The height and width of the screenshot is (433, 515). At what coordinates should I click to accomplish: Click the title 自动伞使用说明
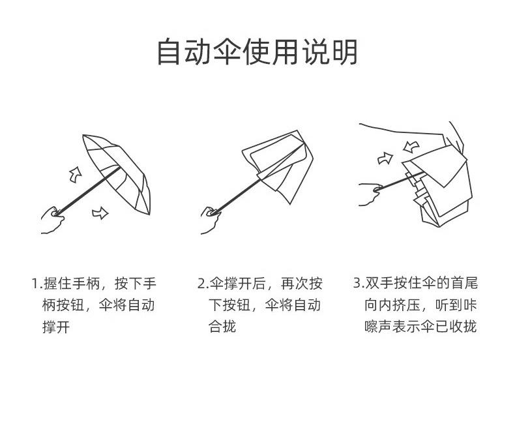tap(257, 52)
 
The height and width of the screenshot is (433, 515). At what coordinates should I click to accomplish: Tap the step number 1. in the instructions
tap(37, 284)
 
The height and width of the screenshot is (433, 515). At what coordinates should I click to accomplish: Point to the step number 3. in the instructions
tap(358, 284)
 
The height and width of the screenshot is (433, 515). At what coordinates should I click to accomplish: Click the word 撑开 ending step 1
tap(56, 326)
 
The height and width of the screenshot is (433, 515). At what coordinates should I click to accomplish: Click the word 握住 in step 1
tap(57, 284)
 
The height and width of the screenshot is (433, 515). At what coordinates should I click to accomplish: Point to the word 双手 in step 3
tap(379, 284)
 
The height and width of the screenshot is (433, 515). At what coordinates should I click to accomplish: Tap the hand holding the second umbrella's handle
tap(210, 220)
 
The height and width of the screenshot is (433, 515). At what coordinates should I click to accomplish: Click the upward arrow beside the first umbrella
tap(76, 174)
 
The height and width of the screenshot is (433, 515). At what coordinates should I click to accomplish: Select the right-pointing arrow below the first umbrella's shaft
tap(100, 212)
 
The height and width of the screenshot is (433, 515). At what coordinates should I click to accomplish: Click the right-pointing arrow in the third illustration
tap(386, 158)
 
